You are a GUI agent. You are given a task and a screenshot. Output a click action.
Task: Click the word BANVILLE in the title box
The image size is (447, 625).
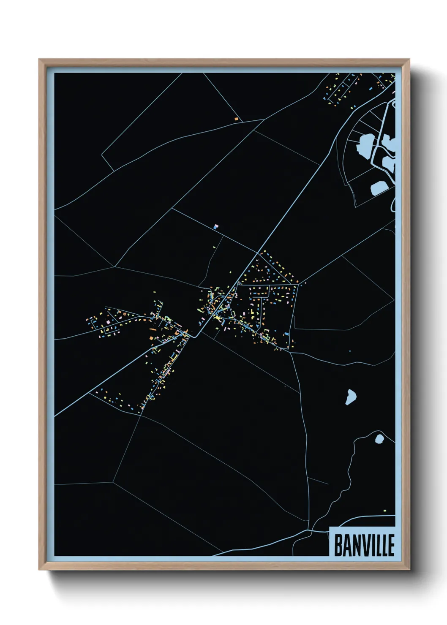click(364, 545)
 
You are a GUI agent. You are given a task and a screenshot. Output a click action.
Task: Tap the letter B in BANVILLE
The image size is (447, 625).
click(339, 545)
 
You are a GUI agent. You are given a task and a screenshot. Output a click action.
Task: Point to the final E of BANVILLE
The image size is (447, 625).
click(390, 545)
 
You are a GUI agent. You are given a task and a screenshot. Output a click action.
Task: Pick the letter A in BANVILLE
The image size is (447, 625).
click(347, 545)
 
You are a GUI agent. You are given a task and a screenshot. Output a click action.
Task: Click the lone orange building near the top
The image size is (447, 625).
click(236, 119)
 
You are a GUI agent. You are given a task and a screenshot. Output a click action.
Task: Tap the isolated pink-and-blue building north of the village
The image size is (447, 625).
click(216, 227)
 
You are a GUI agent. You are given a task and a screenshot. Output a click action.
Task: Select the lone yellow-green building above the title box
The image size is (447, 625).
click(385, 511)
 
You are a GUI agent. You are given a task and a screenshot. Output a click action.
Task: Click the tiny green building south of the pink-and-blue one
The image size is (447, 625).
click(214, 247)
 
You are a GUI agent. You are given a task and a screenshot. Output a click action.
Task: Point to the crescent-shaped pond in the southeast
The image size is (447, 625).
click(351, 397)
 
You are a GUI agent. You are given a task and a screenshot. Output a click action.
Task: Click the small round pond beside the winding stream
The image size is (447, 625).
click(379, 439)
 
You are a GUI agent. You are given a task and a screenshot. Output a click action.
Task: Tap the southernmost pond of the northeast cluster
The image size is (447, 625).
click(379, 188)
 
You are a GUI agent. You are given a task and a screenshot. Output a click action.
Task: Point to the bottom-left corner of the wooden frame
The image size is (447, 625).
click(40, 569)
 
